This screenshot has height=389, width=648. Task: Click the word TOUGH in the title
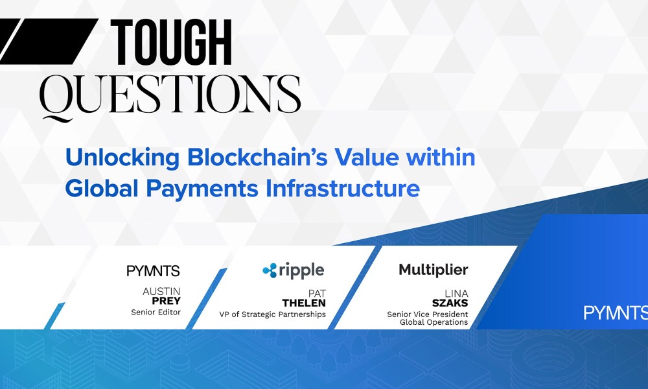(x=171, y=43)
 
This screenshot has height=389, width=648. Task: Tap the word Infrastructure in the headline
(x=343, y=189)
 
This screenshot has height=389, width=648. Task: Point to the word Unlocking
(x=122, y=158)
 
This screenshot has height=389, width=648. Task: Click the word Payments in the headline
(x=202, y=189)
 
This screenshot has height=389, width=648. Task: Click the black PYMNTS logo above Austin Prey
(x=153, y=271)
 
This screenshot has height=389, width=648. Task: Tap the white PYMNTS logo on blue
(x=616, y=313)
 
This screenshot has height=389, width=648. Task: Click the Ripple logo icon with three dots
(x=270, y=270)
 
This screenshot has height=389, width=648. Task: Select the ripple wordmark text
(x=301, y=271)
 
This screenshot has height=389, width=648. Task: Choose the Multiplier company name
(x=434, y=270)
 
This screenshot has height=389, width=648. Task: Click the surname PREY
(x=166, y=301)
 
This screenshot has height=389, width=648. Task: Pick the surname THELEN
(x=304, y=303)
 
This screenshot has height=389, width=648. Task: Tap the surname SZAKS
(x=450, y=303)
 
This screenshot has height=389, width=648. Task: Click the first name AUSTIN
(x=161, y=292)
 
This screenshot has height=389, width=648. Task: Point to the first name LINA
(x=456, y=294)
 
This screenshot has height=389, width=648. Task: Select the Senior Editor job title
(x=156, y=312)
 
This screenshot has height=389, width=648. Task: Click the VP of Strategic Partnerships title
(x=272, y=314)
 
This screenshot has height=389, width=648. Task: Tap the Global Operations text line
(x=434, y=322)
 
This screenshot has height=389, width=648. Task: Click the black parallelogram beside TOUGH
(x=49, y=41)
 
